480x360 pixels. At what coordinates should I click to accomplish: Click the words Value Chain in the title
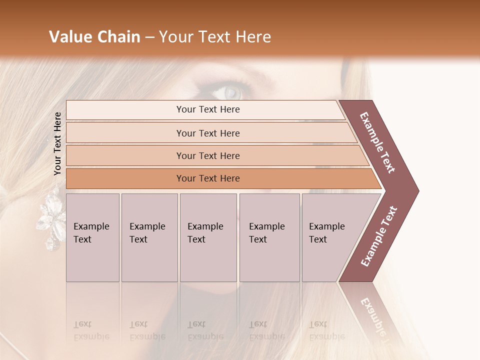(x=94, y=37)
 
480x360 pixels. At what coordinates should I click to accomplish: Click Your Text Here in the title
(x=215, y=37)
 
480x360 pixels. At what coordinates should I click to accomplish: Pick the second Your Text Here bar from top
(x=208, y=133)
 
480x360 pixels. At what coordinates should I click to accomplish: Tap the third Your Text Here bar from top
(x=208, y=155)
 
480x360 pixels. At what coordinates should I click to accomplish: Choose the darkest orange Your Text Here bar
(x=208, y=178)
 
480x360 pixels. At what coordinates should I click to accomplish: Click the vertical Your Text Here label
(x=57, y=143)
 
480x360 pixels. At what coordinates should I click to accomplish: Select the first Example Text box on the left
(x=92, y=237)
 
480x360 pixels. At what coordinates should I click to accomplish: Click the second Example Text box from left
(x=149, y=237)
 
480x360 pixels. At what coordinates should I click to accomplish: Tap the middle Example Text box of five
(x=207, y=237)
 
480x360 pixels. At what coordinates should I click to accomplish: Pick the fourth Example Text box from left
(x=269, y=237)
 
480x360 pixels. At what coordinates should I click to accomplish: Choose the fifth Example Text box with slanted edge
(x=330, y=237)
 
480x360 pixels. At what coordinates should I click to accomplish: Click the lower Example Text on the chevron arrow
(x=379, y=236)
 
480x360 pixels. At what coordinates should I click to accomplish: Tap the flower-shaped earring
(x=52, y=220)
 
